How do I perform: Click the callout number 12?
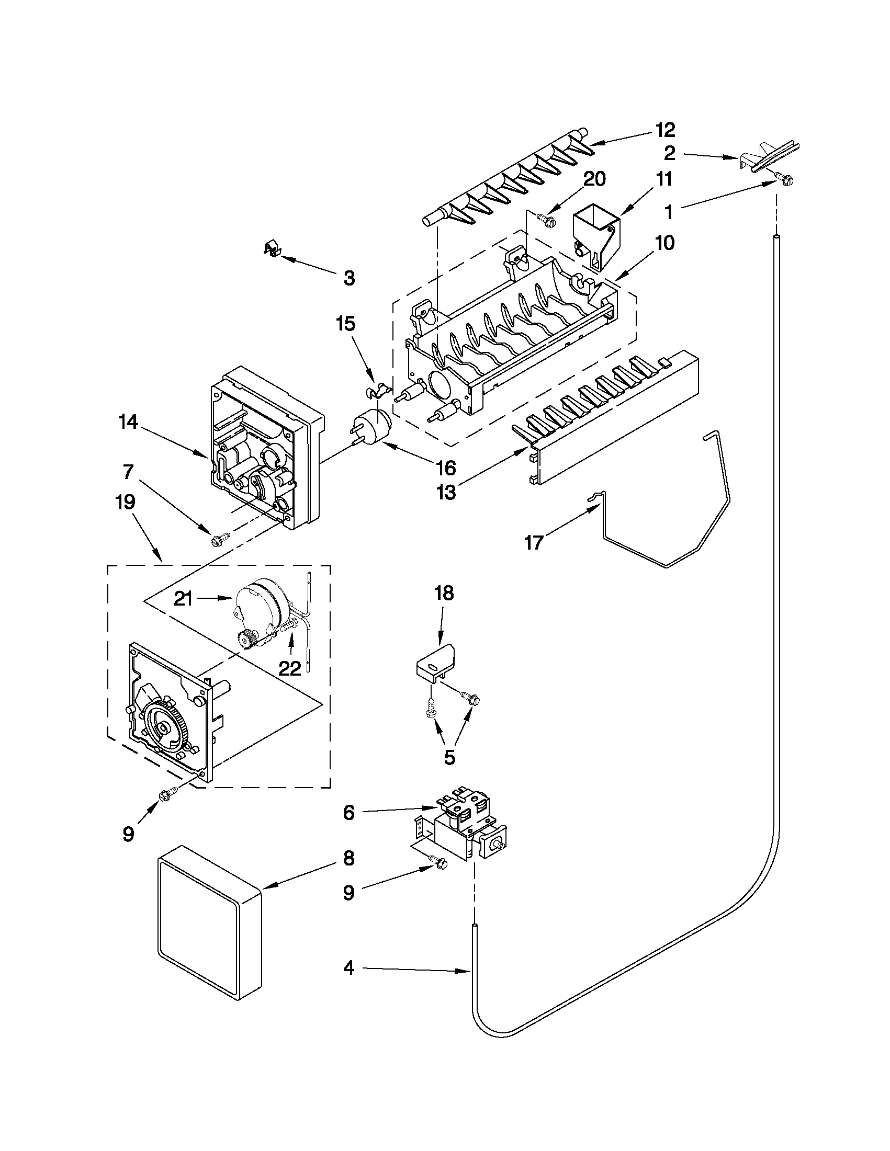665,129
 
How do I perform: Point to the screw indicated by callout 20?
545,218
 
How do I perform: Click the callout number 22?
289,668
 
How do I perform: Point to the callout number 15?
346,324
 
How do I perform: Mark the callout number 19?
125,502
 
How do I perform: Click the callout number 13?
447,493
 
